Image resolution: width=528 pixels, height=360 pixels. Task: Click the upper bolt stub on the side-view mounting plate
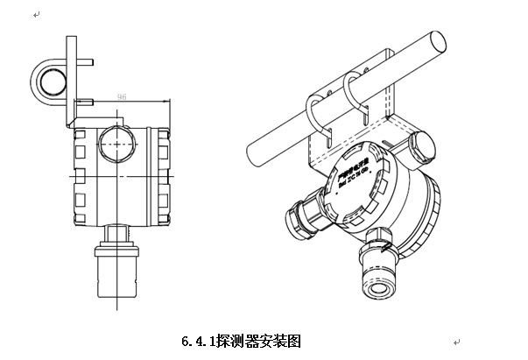coord(88,62)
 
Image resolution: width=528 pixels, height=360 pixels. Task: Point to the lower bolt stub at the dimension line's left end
coord(87,105)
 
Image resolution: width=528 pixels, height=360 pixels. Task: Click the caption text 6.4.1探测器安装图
coord(240,339)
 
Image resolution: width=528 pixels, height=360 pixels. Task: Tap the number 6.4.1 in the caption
coord(197,339)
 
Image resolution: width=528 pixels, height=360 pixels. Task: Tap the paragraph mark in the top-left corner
coord(35,15)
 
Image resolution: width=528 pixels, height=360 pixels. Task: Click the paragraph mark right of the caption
coord(456,340)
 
